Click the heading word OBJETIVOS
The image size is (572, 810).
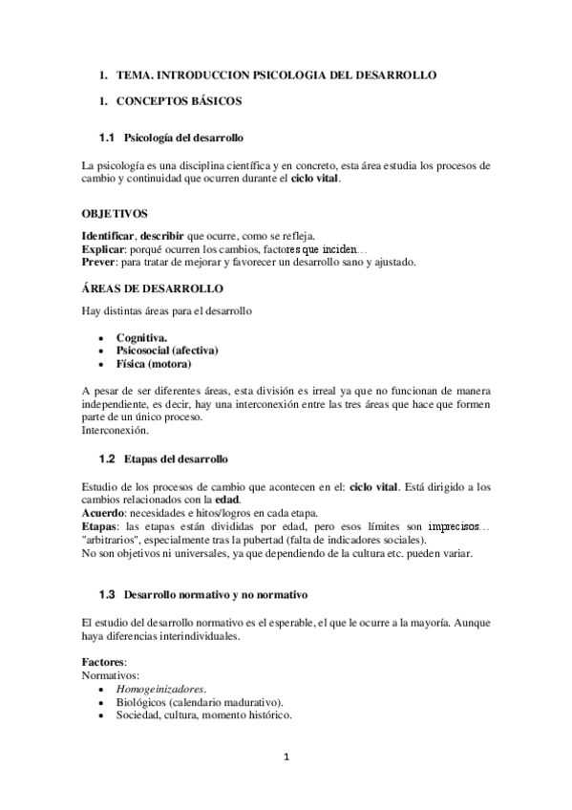[x=116, y=215]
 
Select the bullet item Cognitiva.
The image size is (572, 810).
[x=142, y=337]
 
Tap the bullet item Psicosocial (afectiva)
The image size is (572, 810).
[x=167, y=351]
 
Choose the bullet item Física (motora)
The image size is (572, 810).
[x=154, y=364]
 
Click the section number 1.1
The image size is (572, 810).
[x=106, y=139]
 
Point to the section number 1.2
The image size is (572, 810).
[x=106, y=459]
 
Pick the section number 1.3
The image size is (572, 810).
[x=106, y=594]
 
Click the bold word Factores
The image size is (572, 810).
[x=104, y=661]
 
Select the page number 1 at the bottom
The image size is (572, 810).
[x=286, y=758]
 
